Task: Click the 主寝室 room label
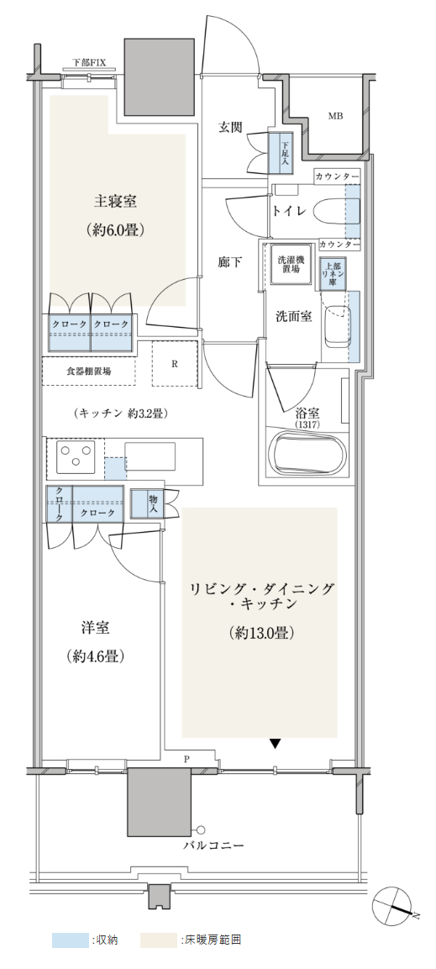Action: pyautogui.click(x=115, y=202)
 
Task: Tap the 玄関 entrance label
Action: pyautogui.click(x=229, y=127)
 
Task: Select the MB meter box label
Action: pyautogui.click(x=335, y=116)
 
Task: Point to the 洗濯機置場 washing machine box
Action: pyautogui.click(x=288, y=265)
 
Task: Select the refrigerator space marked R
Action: pyautogui.click(x=175, y=363)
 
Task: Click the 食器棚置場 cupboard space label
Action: pyautogui.click(x=89, y=371)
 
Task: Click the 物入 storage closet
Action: pyautogui.click(x=154, y=503)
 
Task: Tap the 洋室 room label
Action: pyautogui.click(x=95, y=629)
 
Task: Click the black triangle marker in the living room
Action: pyautogui.click(x=276, y=744)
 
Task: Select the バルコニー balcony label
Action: pyautogui.click(x=213, y=845)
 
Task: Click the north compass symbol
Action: pyautogui.click(x=396, y=908)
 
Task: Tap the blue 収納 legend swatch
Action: pyautogui.click(x=70, y=940)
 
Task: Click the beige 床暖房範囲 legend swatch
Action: pyautogui.click(x=158, y=940)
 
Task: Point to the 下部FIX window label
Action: pyautogui.click(x=90, y=62)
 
